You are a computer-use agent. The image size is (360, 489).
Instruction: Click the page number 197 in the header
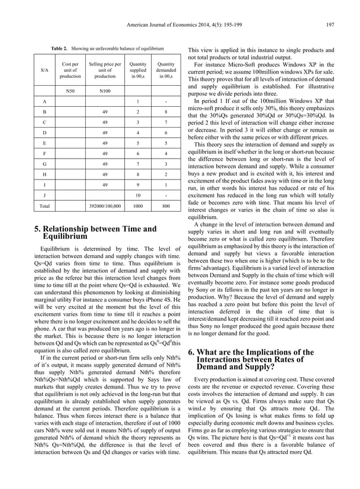[x=330, y=24]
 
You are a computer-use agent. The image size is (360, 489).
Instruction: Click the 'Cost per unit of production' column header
[x=71, y=70]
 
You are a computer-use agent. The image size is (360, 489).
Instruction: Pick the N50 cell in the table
[x=71, y=90]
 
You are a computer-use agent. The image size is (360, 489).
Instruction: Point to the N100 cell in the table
[x=105, y=90]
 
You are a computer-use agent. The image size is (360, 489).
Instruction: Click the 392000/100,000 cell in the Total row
[x=105, y=207]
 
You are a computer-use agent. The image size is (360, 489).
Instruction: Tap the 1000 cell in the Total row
[x=138, y=207]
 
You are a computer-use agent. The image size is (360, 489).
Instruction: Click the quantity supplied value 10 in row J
[x=138, y=195]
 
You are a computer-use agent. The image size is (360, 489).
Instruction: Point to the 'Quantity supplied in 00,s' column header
[x=138, y=70]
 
